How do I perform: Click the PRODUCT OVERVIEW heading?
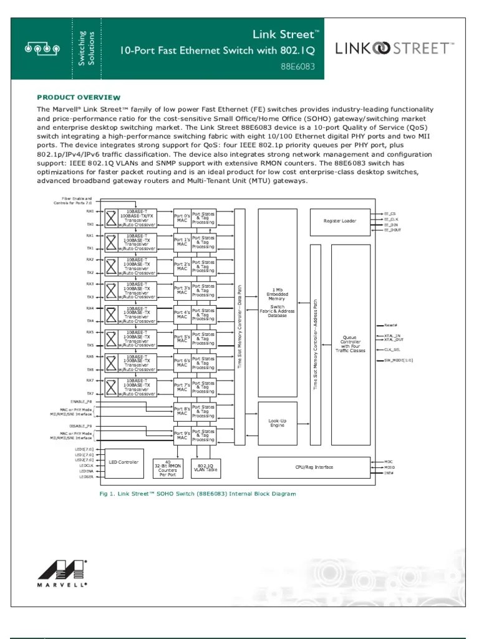79,97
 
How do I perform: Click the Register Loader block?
339,221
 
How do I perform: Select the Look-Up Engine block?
278,424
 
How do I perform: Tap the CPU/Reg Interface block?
314,467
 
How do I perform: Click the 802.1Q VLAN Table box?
205,468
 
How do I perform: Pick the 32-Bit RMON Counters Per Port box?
168,468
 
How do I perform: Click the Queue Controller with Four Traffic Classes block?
349,344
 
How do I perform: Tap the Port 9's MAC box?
181,435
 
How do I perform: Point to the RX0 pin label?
90,211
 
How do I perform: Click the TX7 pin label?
90,394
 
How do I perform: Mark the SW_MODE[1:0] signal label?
398,360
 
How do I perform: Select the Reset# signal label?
390,325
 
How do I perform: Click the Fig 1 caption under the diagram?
198,494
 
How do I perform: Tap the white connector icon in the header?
41,48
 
